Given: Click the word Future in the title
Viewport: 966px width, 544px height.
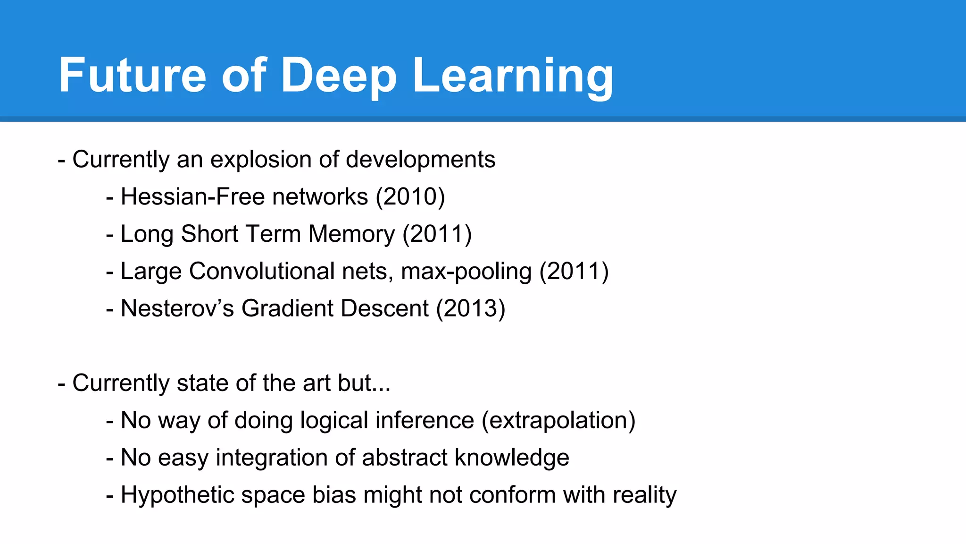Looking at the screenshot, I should (133, 76).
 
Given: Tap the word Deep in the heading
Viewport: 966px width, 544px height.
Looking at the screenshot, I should (339, 76).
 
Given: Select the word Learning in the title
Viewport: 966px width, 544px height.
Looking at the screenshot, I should (513, 76).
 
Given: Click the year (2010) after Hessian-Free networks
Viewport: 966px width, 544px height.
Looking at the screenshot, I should (410, 196).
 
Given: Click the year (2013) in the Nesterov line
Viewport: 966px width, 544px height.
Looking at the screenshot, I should (471, 308).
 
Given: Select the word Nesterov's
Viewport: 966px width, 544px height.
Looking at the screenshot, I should (177, 308).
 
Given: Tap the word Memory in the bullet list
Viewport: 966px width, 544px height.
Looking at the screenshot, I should (351, 234).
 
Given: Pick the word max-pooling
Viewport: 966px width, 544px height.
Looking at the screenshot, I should (466, 272).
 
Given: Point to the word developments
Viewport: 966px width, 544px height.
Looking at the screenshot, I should (420, 160).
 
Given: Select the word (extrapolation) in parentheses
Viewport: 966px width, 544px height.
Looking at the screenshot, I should (558, 420).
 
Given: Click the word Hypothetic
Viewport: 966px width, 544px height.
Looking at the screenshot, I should (177, 495).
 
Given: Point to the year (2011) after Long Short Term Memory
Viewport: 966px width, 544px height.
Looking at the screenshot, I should (437, 234).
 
